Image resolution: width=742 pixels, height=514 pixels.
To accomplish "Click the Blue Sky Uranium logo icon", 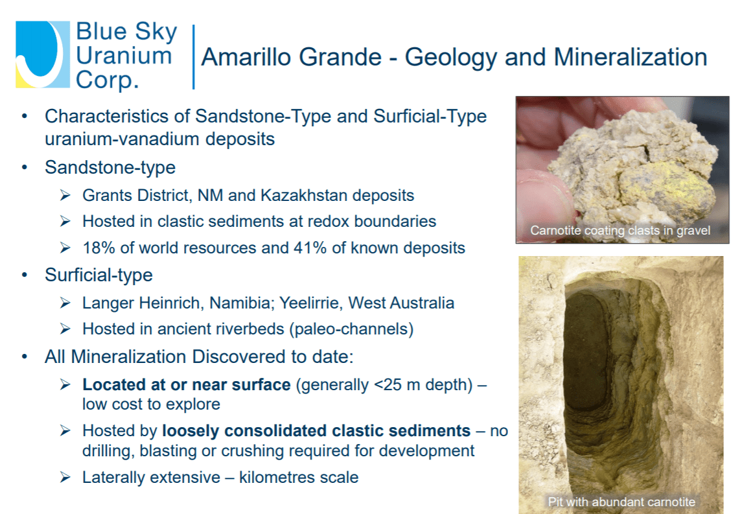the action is point(43,54).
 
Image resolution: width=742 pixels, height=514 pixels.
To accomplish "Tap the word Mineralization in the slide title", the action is point(631,57).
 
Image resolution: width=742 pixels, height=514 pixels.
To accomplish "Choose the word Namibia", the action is point(242,303).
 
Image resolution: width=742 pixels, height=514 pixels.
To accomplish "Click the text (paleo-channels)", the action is point(353,329).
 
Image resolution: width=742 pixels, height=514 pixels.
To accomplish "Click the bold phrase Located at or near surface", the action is point(187,384).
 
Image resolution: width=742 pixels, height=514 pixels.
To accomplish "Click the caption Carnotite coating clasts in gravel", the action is point(620,231).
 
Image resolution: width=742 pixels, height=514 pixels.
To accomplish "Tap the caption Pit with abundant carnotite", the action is point(621,502).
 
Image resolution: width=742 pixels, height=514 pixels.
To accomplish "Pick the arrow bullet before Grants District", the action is point(65,195).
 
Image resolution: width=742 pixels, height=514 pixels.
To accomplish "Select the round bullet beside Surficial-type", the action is point(24,275).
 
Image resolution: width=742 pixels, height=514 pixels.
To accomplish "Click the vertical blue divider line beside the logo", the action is point(194,57).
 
